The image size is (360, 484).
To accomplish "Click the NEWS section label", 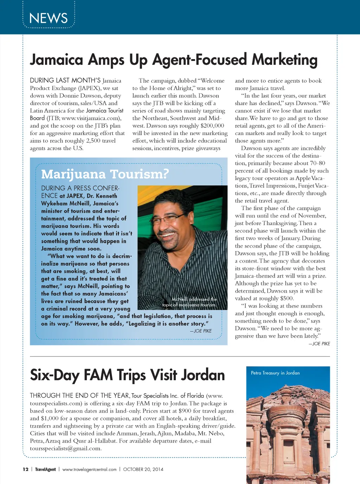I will click(x=49, y=18).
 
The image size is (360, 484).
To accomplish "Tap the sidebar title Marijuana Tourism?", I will click(x=105, y=174).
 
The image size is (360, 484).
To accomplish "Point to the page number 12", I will click(x=25, y=469).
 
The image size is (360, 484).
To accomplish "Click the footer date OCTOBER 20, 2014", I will click(x=143, y=469).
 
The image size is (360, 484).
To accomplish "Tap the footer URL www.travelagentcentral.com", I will click(x=89, y=469).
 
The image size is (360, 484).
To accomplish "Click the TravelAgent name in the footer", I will click(x=45, y=469).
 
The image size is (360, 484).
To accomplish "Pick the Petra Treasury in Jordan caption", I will click(x=275, y=373).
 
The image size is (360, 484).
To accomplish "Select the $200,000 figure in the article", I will click(x=212, y=126).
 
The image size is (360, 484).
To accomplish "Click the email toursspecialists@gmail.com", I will click(x=66, y=448).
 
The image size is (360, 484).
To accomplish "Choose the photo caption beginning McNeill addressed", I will click(x=190, y=302).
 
